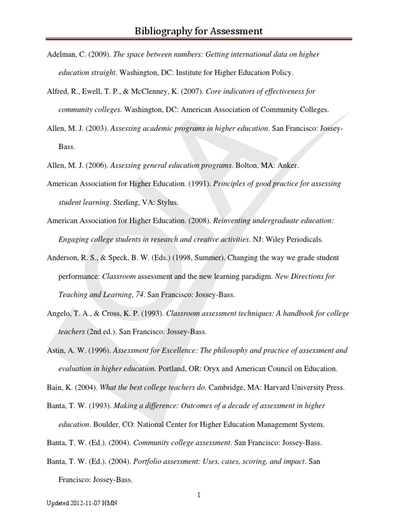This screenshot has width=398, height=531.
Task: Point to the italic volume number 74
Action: click(138, 295)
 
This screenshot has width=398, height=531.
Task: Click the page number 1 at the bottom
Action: click(198, 495)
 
